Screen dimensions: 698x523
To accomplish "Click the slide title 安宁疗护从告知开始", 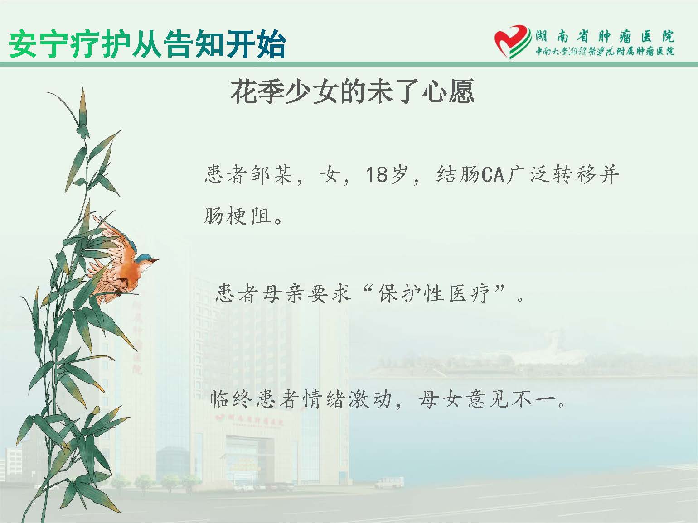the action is (147, 44).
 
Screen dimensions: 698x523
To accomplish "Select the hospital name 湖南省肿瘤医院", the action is (605, 37).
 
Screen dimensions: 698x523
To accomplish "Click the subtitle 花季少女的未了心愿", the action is (353, 91).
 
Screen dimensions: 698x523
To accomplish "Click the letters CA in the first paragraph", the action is (493, 175).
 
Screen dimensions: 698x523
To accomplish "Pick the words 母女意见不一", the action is (488, 399).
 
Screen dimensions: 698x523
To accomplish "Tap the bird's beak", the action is (155, 260).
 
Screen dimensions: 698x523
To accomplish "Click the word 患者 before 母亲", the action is (237, 293).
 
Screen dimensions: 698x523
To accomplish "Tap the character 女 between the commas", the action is (331, 175).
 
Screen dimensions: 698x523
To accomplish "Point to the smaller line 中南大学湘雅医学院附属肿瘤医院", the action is (605, 52).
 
